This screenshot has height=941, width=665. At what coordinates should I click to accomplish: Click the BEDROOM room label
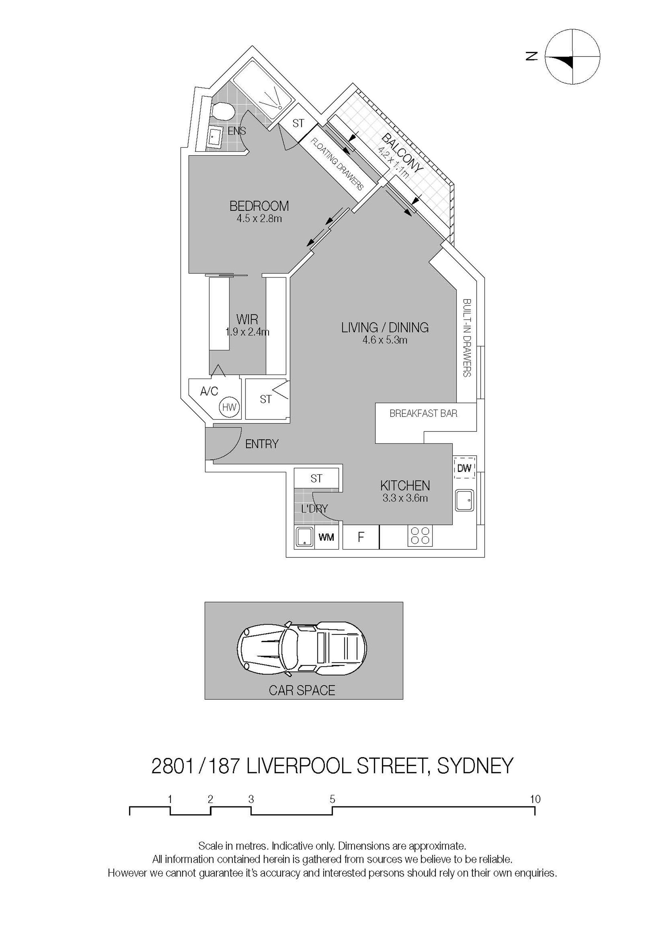[x=259, y=205]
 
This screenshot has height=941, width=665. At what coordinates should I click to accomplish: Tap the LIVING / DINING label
[x=385, y=327]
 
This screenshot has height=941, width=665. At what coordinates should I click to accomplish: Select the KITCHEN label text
[x=405, y=486]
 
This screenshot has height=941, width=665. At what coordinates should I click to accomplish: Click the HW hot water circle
[x=229, y=408]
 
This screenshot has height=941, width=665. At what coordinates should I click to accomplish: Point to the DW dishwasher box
[x=464, y=467]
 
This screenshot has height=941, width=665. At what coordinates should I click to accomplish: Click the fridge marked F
[x=361, y=537]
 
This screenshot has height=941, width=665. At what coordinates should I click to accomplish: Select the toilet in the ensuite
[x=223, y=111]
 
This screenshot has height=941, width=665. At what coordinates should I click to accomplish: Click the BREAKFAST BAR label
[x=423, y=413]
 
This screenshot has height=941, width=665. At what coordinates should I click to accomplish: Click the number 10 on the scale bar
[x=535, y=799]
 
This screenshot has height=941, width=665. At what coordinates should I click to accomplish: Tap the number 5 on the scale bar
[x=332, y=799]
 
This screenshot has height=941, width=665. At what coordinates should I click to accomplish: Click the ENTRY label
[x=262, y=444]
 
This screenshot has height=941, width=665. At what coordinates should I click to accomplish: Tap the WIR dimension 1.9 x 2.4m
[x=247, y=332]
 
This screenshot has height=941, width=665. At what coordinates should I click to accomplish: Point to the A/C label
[x=209, y=392]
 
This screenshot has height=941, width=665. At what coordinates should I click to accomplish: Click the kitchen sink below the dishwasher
[x=464, y=500]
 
